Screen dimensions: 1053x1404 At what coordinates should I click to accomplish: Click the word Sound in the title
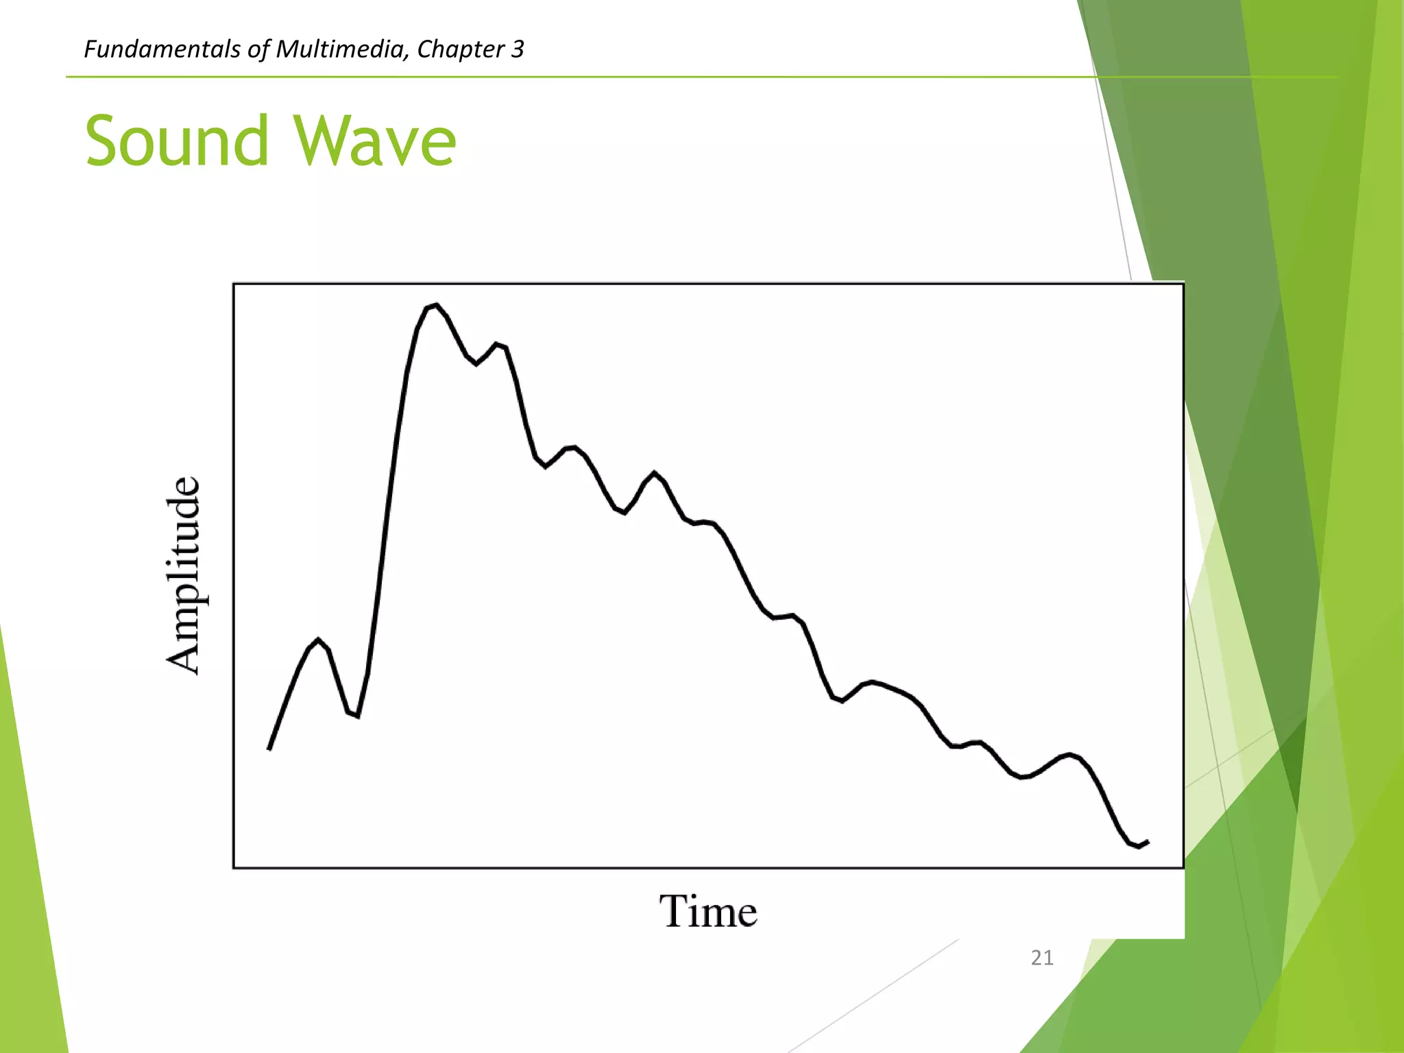(177, 141)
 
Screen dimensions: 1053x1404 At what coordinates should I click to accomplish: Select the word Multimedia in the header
(341, 49)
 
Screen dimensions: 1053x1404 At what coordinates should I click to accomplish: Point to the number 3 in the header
(518, 49)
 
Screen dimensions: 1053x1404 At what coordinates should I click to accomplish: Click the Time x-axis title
(708, 912)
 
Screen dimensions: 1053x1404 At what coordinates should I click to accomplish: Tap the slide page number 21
(1042, 958)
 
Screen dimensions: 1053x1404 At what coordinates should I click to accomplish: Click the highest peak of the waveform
(436, 305)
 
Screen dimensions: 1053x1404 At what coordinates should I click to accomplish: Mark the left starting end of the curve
(269, 749)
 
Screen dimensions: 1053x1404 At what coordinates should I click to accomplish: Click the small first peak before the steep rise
(318, 640)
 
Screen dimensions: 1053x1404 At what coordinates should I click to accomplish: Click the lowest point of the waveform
(1139, 847)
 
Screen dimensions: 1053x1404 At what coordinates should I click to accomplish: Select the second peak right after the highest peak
(497, 344)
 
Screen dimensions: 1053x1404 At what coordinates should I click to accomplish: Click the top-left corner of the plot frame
(234, 284)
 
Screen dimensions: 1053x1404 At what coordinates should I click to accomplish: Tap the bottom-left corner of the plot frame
(234, 868)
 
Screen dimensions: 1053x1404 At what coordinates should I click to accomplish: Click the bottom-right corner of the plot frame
(1183, 868)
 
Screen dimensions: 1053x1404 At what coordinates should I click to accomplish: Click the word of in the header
(261, 49)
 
